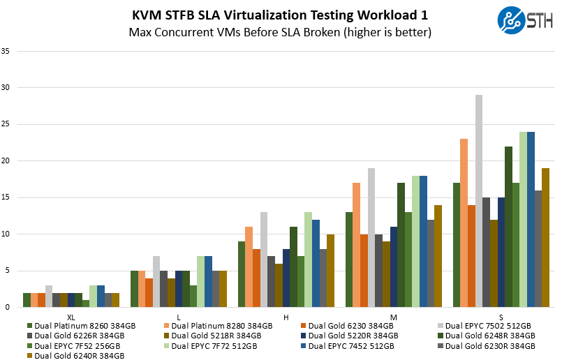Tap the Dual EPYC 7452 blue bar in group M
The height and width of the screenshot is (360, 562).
[424, 241]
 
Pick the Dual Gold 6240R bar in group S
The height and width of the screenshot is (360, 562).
[545, 237]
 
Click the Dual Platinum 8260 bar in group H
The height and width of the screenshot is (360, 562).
[242, 274]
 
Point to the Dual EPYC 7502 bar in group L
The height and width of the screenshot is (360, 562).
[156, 281]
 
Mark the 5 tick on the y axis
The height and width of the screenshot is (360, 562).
[7, 271]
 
